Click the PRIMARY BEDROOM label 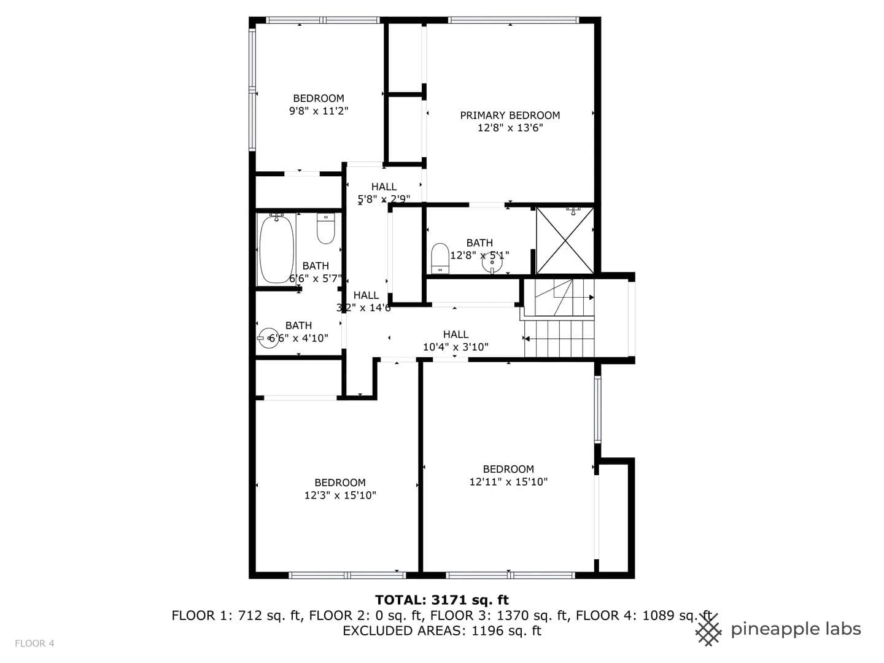tap(510, 115)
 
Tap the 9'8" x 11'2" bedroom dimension tap(319, 110)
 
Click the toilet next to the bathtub tap(325, 228)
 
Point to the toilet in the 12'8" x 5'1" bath tap(440, 258)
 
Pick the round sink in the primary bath tap(492, 263)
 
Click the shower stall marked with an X tap(565, 241)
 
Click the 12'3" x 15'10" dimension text tap(340, 495)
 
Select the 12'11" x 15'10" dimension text tap(509, 482)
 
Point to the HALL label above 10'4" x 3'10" tap(456, 334)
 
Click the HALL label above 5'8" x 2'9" tap(384, 187)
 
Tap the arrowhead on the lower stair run tap(527, 339)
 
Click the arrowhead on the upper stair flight tap(592, 298)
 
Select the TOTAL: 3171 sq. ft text tap(442, 600)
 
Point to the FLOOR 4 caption tap(34, 643)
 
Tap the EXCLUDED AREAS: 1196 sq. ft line tap(442, 630)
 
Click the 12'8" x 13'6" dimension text tap(510, 128)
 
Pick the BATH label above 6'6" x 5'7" tap(316, 266)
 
